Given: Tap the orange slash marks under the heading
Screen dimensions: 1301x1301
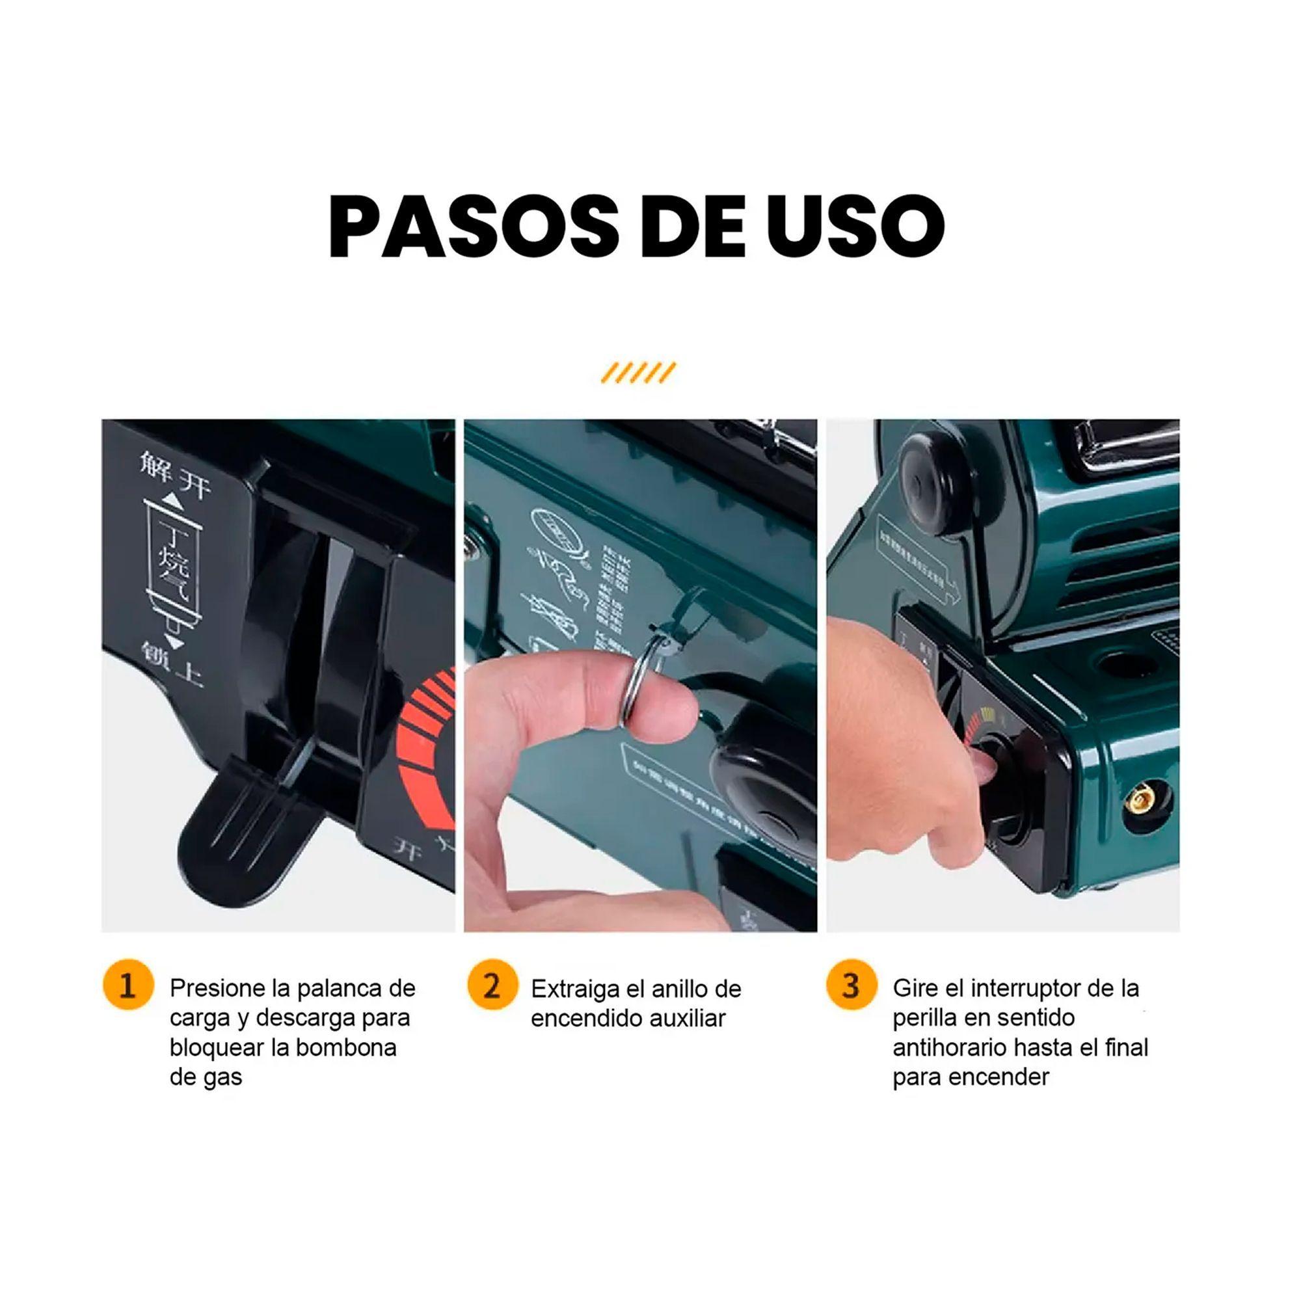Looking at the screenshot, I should pyautogui.click(x=637, y=372).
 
